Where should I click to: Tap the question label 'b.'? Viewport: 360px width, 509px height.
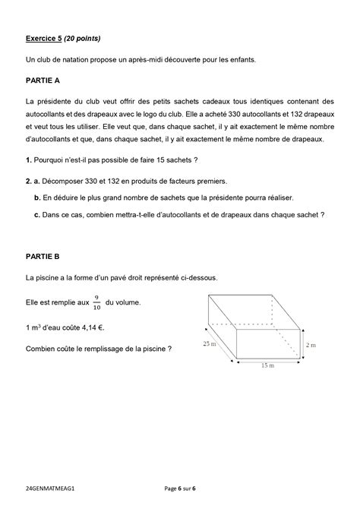pyautogui.click(x=37, y=198)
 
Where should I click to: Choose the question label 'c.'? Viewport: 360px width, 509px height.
pyautogui.click(x=37, y=214)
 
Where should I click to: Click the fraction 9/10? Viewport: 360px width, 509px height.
pyautogui.click(x=96, y=302)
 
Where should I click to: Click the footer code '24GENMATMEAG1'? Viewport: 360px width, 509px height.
pyautogui.click(x=51, y=487)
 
